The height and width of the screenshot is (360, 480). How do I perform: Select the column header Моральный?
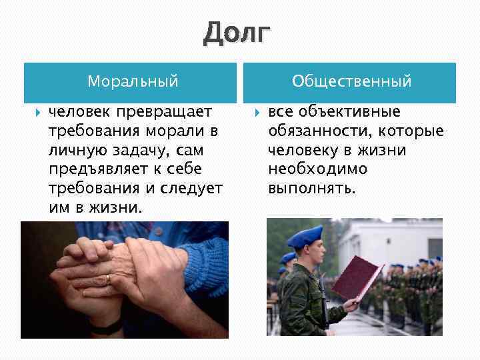[133, 81]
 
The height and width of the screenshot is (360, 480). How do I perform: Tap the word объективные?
[351, 111]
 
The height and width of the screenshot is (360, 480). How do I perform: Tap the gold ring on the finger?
[108, 277]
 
